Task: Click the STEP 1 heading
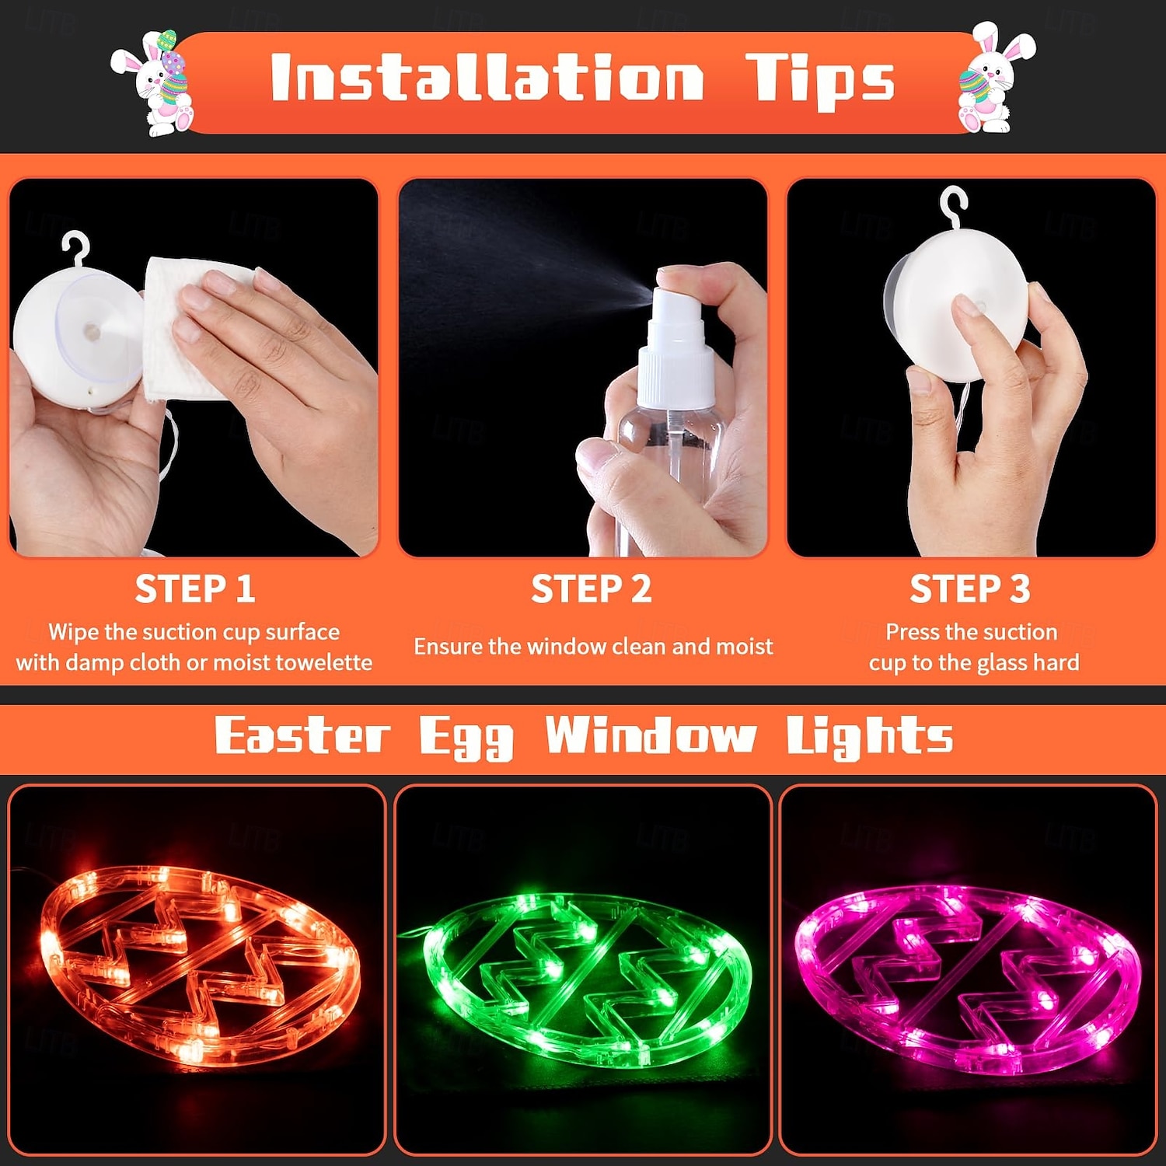pos(194,588)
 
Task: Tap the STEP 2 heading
pos(591,588)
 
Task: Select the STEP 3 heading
pos(969,588)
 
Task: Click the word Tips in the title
pos(820,80)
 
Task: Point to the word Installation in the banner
pos(487,78)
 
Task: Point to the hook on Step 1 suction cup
pos(75,247)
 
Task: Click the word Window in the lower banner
pos(651,736)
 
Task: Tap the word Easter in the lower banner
pos(302,736)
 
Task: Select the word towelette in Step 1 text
pos(324,662)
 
